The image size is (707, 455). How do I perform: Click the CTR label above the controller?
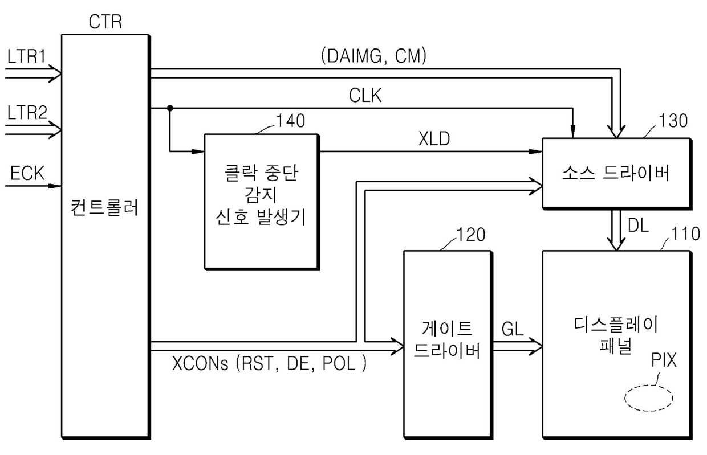[x=105, y=22]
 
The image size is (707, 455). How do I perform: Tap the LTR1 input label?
[x=26, y=56]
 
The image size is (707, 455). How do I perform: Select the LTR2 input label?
[x=27, y=113]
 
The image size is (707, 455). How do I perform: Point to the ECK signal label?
[x=27, y=173]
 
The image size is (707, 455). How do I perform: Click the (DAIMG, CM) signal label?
[x=373, y=56]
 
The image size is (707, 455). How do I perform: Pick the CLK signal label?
[x=365, y=95]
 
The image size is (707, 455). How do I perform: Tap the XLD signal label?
[x=434, y=138]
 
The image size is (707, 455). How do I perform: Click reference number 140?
[x=291, y=121]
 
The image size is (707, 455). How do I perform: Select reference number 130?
[x=673, y=121]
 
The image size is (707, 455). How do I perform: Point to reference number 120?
[x=471, y=235]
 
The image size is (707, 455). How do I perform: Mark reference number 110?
[x=685, y=233]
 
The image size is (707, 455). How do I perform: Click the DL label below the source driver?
[x=638, y=226]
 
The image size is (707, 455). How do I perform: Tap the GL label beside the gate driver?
[x=513, y=329]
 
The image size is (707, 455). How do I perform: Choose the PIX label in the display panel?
[x=664, y=360]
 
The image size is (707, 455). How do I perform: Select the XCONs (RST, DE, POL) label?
[x=269, y=363]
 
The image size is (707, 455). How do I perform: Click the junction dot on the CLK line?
[x=170, y=108]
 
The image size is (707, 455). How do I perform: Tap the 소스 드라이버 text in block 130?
[x=616, y=173]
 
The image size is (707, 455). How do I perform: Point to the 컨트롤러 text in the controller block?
[x=104, y=207]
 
